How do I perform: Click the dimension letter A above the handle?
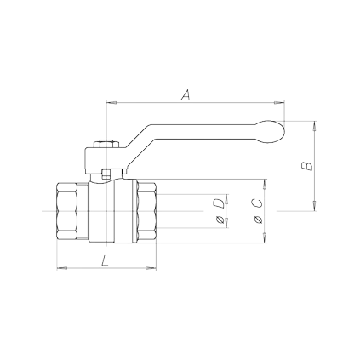(185, 95)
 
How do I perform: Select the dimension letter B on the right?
(306, 164)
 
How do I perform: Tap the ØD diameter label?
(220, 211)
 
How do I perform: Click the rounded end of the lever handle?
(273, 129)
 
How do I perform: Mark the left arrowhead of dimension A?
(108, 104)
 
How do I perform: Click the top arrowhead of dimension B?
(317, 125)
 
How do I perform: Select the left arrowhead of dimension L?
(59, 269)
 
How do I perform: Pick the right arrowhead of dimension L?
(153, 269)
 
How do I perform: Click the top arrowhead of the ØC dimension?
(269, 182)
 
